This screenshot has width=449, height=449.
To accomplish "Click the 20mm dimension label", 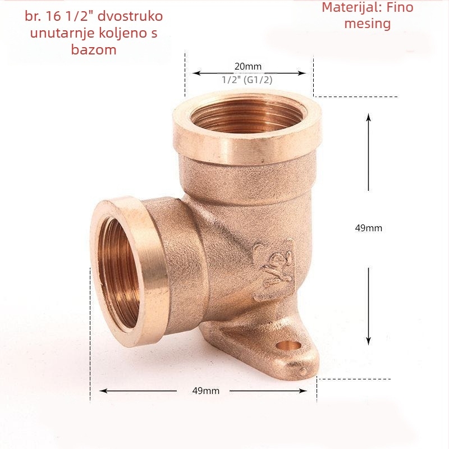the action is pyautogui.click(x=248, y=66).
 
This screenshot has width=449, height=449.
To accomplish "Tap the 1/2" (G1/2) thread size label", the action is pyautogui.click(x=247, y=80).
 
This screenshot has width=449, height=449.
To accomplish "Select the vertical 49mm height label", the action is pyautogui.click(x=369, y=228).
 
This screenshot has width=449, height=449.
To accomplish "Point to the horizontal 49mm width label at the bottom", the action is pyautogui.click(x=206, y=391).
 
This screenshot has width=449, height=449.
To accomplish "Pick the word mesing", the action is pyautogui.click(x=368, y=24).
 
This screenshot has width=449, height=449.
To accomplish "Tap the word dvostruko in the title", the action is pyautogui.click(x=130, y=16).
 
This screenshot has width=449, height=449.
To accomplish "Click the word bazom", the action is pyautogui.click(x=94, y=49).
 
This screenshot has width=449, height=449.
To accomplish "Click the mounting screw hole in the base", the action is pyautogui.click(x=288, y=346).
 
